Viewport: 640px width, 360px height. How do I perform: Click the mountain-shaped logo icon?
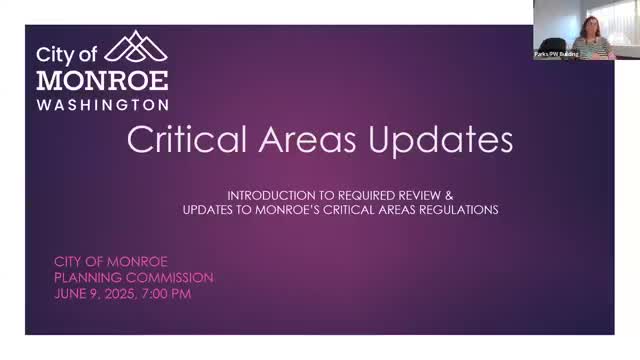[135, 48]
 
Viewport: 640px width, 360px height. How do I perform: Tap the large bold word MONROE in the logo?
[102, 80]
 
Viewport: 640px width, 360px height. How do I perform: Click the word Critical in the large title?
[186, 141]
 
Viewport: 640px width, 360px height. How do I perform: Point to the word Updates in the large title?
[440, 141]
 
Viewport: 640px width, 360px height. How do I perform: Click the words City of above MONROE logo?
[68, 55]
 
